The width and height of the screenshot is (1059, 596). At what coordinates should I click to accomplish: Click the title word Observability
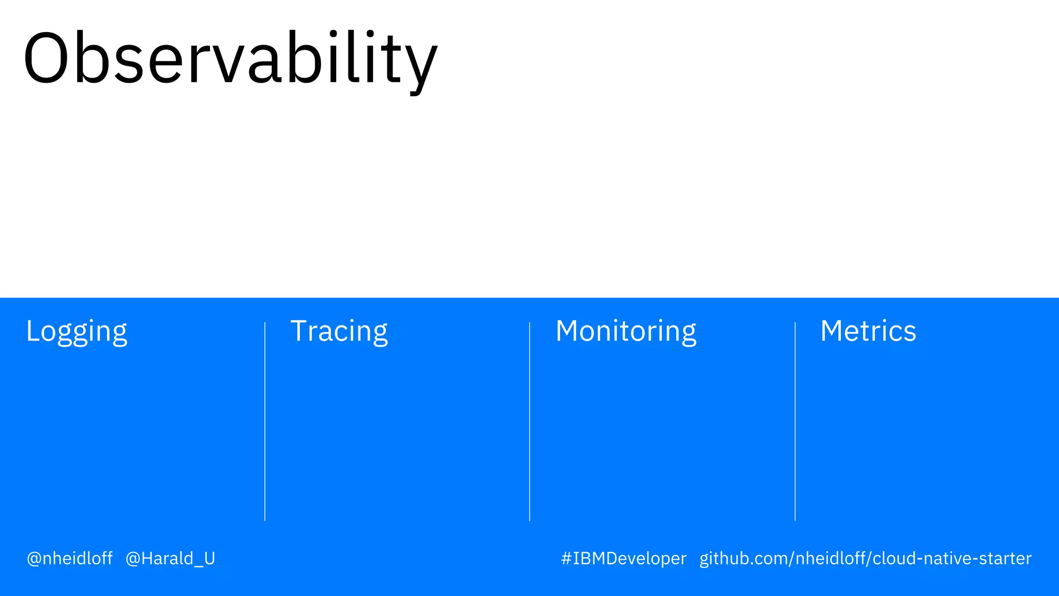230,58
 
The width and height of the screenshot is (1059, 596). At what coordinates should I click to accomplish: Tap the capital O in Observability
46,58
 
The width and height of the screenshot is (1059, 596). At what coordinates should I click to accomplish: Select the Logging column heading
77,331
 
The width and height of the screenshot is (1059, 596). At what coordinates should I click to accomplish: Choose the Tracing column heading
339,331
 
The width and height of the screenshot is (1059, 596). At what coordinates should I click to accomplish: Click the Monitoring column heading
626,331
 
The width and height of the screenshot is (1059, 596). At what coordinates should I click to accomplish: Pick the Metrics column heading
868,331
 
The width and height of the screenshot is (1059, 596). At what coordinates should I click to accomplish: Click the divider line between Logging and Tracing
265,422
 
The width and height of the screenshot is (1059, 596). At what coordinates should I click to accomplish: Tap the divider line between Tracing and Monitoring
529,422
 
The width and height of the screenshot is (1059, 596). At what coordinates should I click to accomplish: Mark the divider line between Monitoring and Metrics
795,422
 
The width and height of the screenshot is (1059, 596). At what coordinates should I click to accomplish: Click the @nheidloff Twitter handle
70,559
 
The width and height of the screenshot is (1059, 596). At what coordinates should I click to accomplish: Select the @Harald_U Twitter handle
170,559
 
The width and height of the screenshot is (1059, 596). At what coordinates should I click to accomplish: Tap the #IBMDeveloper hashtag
624,559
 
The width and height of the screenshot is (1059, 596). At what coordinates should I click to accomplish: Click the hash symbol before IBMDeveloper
566,559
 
